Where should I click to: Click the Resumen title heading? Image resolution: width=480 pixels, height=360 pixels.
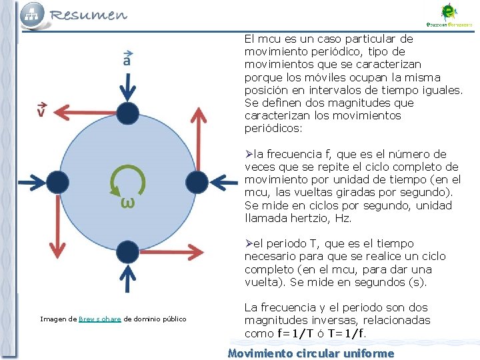87,14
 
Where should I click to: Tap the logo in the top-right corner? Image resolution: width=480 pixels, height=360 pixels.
449,14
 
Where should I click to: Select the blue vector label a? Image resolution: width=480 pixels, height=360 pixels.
127,58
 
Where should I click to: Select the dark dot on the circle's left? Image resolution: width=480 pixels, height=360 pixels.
57,181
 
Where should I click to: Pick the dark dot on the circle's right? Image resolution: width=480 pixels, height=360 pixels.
196,181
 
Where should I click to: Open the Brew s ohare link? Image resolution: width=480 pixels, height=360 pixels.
100,319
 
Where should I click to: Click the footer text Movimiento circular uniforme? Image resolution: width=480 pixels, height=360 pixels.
311,353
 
